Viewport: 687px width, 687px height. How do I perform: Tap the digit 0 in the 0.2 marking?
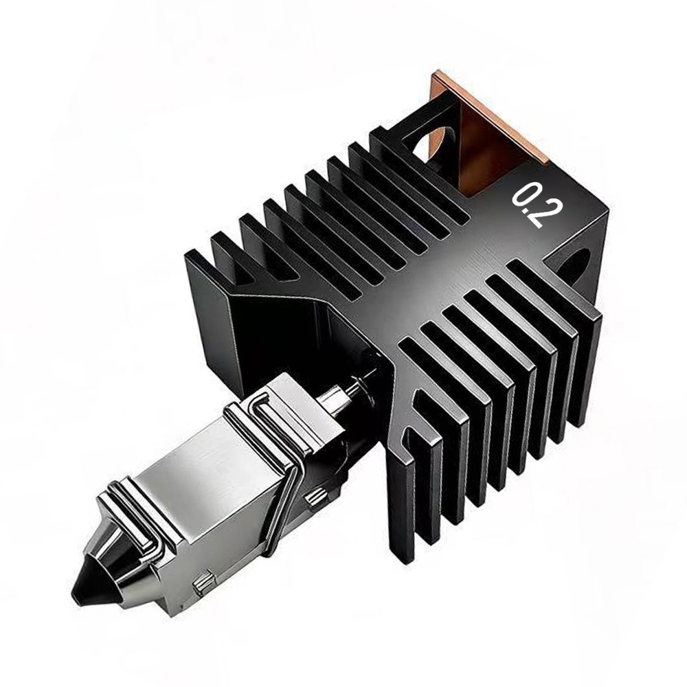pos(526,194)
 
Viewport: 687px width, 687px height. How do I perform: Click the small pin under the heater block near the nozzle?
pos(204,585)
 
